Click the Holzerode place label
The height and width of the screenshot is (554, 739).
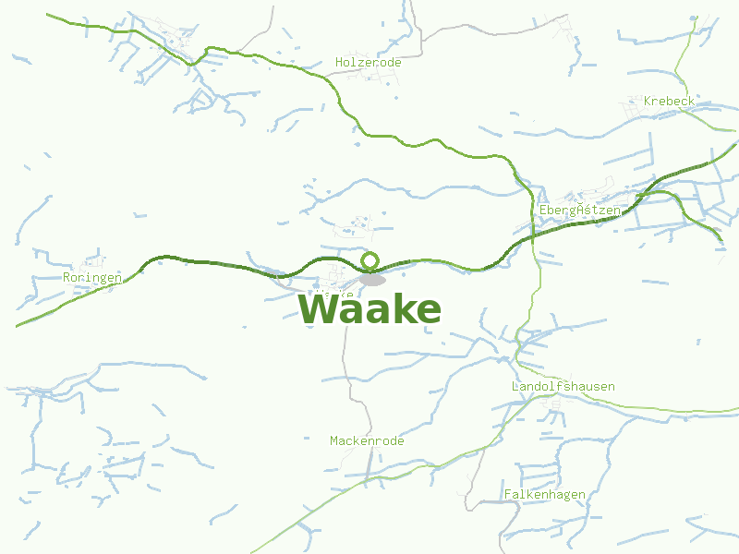coord(368,62)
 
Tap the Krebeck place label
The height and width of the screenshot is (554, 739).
coord(669,100)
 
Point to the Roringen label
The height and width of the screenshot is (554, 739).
coord(92,277)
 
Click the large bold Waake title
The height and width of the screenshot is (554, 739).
coord(369,310)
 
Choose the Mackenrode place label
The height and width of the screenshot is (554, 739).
coord(367,440)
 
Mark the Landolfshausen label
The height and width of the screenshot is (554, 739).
coord(563,386)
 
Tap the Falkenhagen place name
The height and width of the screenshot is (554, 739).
coord(544,494)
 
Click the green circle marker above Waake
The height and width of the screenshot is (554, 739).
coord(370,260)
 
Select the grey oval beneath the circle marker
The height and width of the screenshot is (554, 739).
coord(372,279)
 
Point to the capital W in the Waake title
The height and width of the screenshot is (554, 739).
coord(320,310)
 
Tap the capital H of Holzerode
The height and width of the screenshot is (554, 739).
coord(339,62)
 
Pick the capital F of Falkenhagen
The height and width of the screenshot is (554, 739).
coord(507,494)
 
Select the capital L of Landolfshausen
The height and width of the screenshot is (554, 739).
coord(515,386)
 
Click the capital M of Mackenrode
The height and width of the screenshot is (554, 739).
coord(333,440)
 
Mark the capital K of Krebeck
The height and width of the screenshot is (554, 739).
coord(648,100)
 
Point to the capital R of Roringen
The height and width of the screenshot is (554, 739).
coord(67,277)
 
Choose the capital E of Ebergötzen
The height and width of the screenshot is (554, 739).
coord(542,211)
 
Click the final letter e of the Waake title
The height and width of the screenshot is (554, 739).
coord(426,312)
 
